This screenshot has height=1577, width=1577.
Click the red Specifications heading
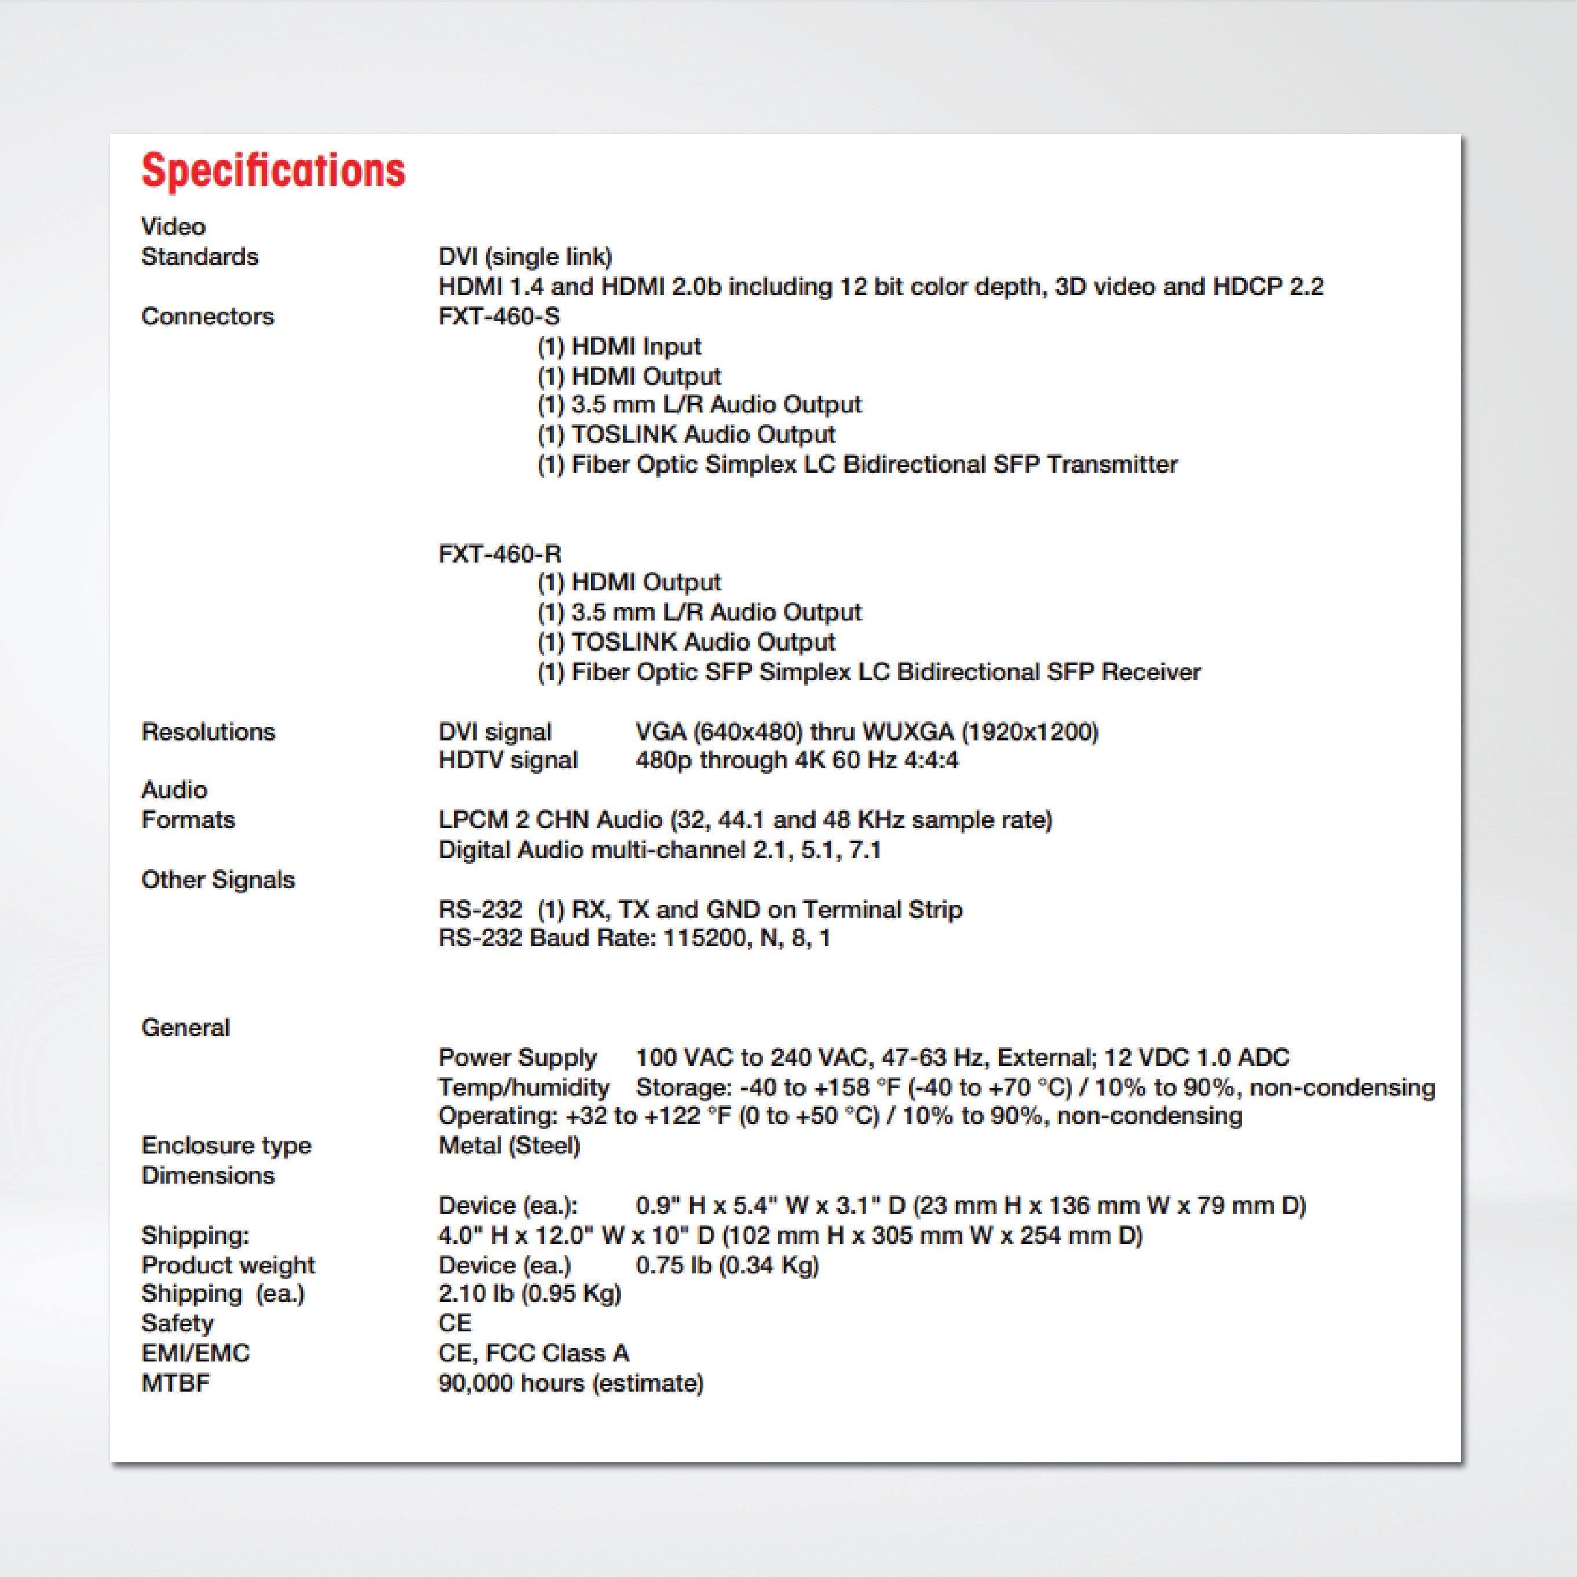(273, 170)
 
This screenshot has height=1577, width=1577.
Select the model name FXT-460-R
(499, 554)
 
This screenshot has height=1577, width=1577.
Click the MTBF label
(176, 1383)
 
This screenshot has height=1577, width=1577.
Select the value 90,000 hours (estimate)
(571, 1383)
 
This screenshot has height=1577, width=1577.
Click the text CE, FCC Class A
(533, 1353)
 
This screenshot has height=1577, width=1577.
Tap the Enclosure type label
(226, 1145)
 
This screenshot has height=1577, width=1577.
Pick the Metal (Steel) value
(509, 1145)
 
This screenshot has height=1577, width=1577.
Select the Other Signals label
(218, 880)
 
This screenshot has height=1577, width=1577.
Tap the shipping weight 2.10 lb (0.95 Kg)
(530, 1293)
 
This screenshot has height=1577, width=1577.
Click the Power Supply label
(517, 1057)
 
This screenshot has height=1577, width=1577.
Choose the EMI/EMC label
(195, 1353)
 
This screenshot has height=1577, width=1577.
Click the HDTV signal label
(508, 760)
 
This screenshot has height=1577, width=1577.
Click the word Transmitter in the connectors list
(1112, 465)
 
